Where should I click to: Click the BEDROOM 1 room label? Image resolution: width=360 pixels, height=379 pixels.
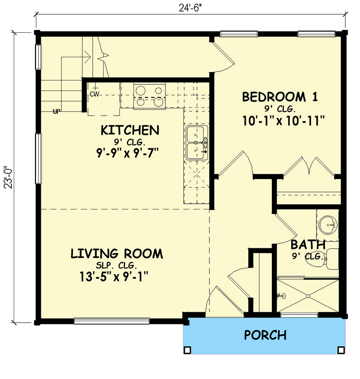(279, 97)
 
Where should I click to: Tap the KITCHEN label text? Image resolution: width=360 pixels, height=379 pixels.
(129, 130)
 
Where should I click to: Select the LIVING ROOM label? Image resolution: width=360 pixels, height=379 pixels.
(117, 253)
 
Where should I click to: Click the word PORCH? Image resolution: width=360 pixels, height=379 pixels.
(265, 335)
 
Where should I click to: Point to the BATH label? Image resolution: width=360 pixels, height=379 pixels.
(308, 245)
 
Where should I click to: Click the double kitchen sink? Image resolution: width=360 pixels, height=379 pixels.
(197, 143)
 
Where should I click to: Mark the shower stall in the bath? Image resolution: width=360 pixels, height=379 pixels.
(308, 296)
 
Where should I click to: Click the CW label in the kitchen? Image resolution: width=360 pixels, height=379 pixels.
(95, 94)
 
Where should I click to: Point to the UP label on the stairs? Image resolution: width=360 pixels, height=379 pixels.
(57, 112)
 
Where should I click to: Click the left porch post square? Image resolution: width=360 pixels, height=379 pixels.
(188, 350)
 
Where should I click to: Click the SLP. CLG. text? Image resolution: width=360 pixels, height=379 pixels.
(117, 265)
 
